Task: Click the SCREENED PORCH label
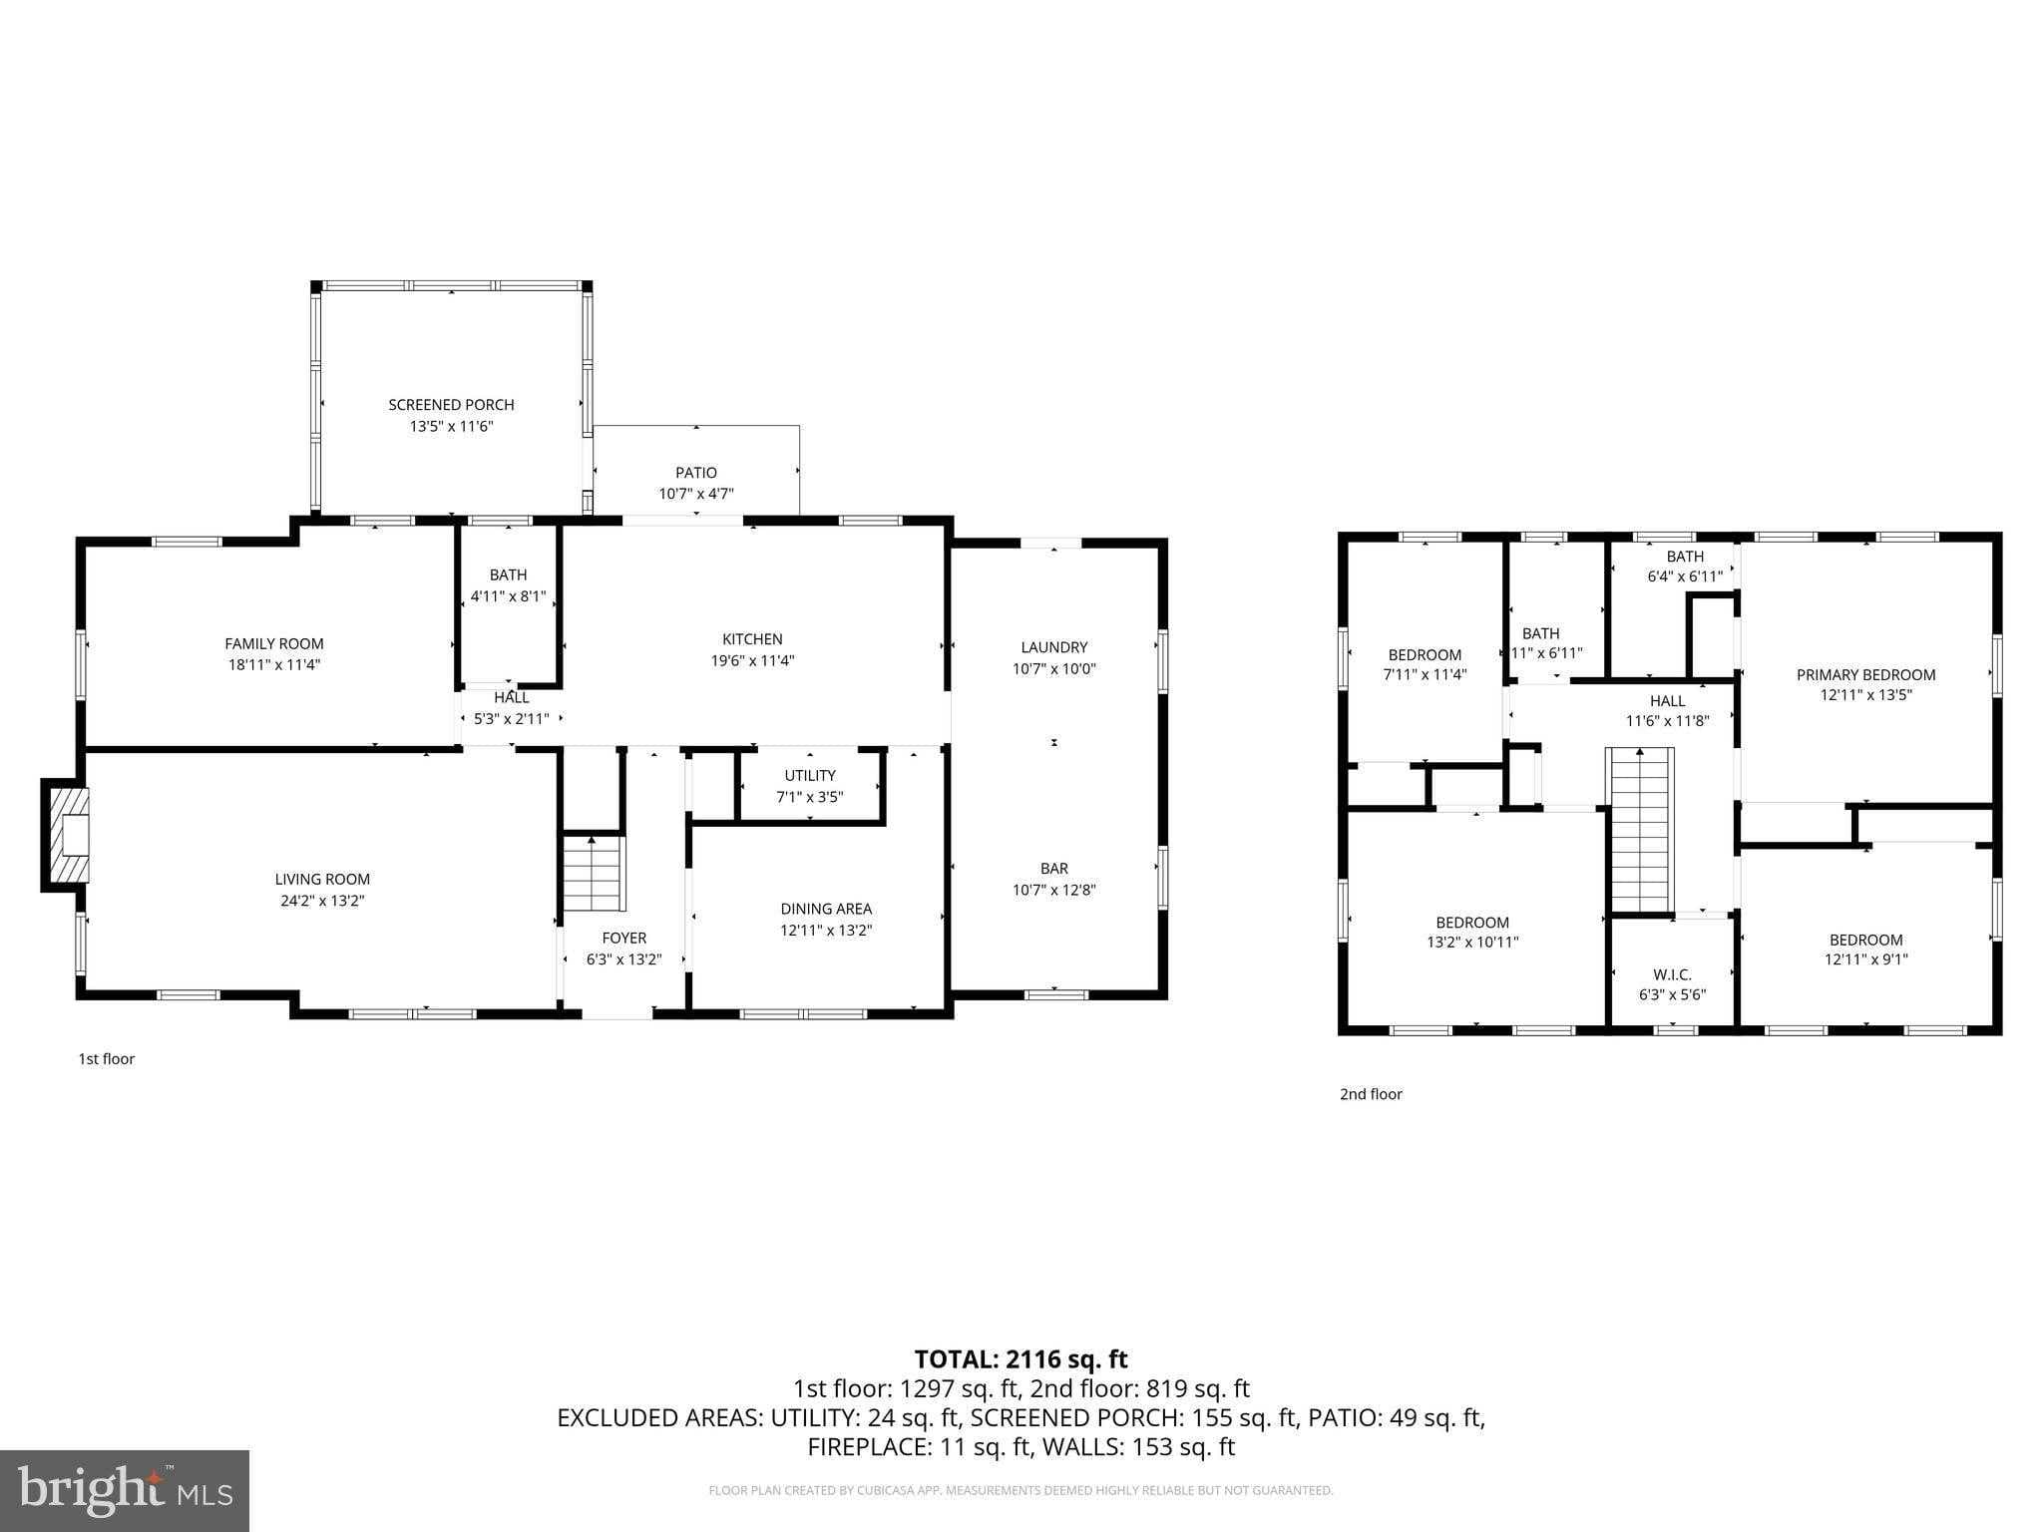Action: coord(451,405)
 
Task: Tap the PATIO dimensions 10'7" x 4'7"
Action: coord(696,494)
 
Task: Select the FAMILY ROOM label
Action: coord(274,644)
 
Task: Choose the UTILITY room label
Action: coord(810,776)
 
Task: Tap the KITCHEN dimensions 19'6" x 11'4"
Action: coord(753,660)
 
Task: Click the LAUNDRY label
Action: coord(1054,647)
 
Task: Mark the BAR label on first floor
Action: coord(1054,869)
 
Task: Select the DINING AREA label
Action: coord(826,909)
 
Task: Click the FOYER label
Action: coord(624,938)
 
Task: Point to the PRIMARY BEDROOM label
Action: coord(1865,675)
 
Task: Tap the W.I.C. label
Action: coord(1672,974)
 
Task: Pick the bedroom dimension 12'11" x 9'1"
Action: coord(1865,959)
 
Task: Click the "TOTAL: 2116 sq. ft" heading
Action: coord(1021,1358)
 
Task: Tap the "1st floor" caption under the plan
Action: coord(107,1059)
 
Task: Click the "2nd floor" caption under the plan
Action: coord(1371,1094)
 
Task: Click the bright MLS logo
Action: coord(125,1490)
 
